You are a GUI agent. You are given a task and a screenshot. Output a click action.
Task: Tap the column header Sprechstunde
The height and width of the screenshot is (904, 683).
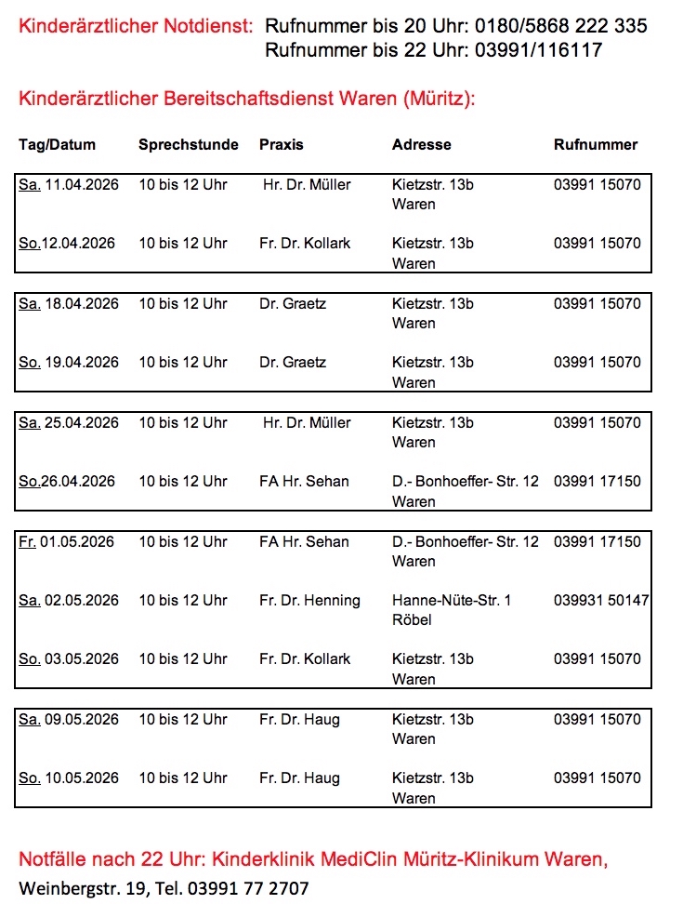coord(189,145)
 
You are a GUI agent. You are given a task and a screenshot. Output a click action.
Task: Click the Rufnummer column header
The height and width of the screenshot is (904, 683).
coord(596,145)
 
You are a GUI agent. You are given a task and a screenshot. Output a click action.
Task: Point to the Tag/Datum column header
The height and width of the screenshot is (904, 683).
coord(57,145)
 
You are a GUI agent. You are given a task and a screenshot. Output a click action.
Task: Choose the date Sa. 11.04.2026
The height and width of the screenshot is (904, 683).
coord(69,185)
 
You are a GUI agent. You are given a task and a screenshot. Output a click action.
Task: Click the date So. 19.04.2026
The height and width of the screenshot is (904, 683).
coord(69,363)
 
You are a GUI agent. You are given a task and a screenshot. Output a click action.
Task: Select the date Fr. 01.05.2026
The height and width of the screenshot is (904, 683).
coord(67,542)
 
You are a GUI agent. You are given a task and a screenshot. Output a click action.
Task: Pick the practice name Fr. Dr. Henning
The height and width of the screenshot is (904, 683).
coord(309,601)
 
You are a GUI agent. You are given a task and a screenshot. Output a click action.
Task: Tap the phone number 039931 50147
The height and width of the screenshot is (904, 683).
coord(601,601)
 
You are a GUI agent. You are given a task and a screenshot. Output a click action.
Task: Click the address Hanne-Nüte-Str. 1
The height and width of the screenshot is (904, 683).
coord(452,601)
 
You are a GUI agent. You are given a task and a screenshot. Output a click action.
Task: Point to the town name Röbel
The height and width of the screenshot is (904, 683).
coord(412,620)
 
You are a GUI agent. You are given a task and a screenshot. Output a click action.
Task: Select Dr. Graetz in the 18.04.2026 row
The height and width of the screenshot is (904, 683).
coord(293,304)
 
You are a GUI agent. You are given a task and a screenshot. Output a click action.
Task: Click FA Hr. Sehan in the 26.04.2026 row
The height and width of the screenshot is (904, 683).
coord(304,482)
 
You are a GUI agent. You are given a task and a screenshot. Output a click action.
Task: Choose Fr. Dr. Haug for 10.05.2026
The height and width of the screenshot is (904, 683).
coord(299,778)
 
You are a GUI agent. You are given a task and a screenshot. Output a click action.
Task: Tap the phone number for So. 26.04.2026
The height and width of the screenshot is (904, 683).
coord(597,482)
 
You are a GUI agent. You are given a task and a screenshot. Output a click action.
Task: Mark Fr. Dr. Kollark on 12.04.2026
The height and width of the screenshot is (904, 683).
coord(305,244)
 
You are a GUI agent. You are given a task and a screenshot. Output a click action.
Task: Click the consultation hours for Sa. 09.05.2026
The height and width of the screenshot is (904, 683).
coord(183,720)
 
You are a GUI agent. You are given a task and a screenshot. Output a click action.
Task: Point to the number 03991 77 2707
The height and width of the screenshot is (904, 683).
coord(248,888)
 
